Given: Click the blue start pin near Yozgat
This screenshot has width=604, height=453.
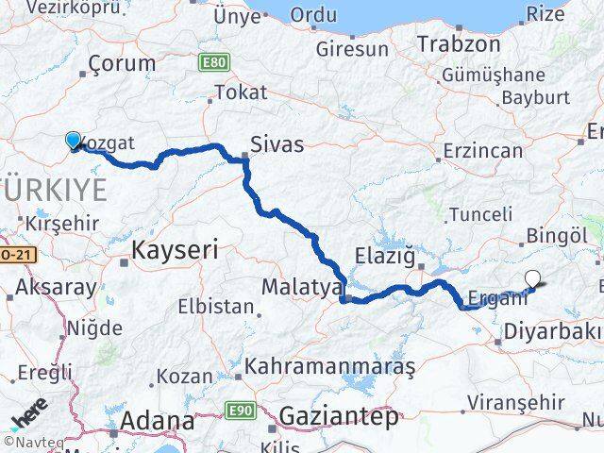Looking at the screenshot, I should point(75,141).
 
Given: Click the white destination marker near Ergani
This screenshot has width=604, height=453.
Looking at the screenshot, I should point(533,278).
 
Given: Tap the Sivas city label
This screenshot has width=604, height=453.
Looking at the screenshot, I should point(277,144).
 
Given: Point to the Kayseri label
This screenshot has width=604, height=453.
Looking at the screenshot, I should point(176,250).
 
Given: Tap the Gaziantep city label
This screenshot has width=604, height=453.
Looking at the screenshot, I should point(338,416).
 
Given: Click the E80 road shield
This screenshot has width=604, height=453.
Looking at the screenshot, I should point(213,62).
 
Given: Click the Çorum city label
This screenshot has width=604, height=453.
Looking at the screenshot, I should point(122,64).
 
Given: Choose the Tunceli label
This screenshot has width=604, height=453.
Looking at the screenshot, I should point(481,214).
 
